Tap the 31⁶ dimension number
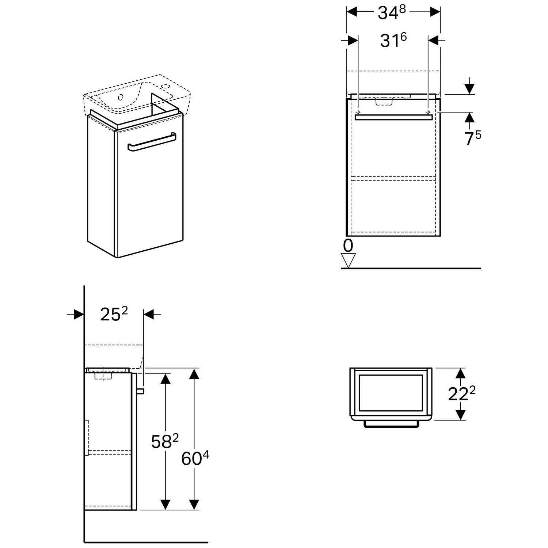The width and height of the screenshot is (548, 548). tap(393, 40)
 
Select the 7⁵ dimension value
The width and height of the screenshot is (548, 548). tap(472, 138)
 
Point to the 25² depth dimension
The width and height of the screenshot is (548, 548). tap(114, 314)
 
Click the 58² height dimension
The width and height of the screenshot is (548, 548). tap(165, 441)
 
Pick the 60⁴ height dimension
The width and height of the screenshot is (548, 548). tap(195, 458)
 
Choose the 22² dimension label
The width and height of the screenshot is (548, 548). tap(461, 394)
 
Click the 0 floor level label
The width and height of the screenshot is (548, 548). tap(348, 246)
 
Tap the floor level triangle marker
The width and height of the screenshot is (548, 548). tap(348, 260)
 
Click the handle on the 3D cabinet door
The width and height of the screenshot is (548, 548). tap(152, 142)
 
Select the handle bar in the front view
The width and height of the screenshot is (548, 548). tap(393, 117)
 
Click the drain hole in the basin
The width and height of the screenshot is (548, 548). tap(121, 97)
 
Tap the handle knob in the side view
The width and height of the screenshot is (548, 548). tap(141, 391)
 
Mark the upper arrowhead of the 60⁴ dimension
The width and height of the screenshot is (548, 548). tap(194, 374)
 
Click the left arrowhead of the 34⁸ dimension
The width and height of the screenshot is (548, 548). tap(351, 12)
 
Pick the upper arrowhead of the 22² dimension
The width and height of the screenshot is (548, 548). tap(461, 373)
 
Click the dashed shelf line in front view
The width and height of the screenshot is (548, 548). tap(393, 178)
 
